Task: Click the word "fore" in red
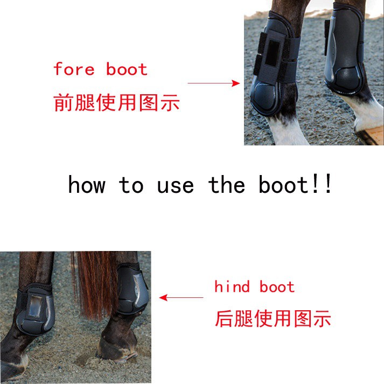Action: [74, 69]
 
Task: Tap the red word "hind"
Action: [232, 287]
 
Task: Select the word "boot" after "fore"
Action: [127, 69]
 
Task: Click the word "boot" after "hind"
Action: [277, 287]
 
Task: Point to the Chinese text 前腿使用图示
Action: [116, 102]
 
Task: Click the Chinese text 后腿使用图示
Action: [273, 319]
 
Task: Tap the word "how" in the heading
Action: [86, 185]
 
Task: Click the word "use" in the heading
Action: [176, 185]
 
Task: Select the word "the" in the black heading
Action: [227, 185]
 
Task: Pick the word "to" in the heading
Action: [131, 185]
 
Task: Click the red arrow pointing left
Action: [181, 297]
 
